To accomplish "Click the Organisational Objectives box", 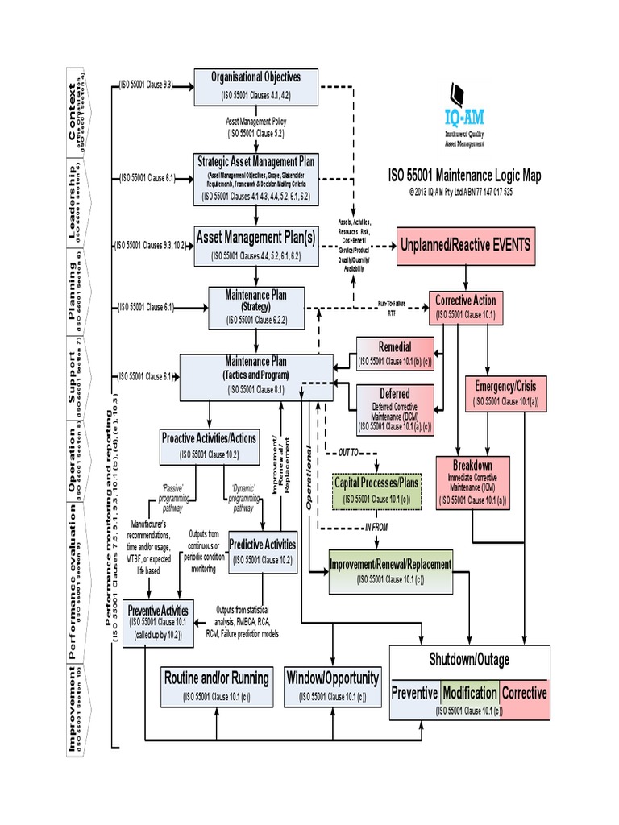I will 255,86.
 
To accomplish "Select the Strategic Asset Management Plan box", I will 256,178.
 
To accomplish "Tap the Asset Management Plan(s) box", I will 256,246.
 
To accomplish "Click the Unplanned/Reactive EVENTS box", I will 466,246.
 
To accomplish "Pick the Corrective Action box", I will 466,307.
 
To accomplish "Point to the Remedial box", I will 394,354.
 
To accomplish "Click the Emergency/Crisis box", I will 505,392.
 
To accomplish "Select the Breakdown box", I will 472,483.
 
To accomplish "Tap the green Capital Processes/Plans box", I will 376,491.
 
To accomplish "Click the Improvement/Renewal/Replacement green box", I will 390,570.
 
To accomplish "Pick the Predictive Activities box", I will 263,551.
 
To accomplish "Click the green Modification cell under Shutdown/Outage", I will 470,692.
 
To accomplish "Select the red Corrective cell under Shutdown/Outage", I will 524,692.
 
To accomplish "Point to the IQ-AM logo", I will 464,114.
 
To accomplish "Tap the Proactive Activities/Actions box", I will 209,446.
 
